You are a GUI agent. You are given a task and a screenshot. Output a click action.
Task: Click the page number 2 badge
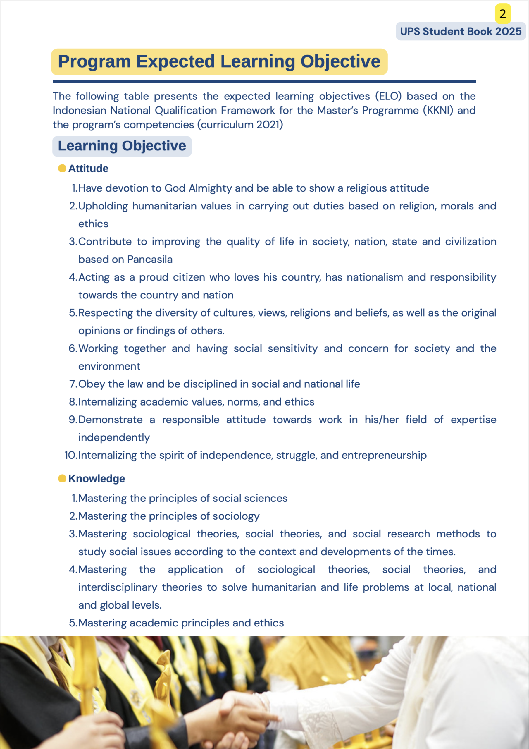coord(503,14)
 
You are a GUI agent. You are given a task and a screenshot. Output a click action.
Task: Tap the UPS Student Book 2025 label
coord(460,31)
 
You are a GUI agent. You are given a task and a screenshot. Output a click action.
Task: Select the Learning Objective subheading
coord(122,146)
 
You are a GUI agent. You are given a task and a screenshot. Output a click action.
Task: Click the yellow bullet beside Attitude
coord(62,168)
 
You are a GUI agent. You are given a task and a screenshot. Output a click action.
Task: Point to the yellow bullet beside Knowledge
coord(62,478)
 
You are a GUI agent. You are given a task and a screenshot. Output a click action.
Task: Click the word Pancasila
coord(150,259)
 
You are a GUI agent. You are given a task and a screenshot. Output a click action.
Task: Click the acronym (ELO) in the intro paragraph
coord(388,96)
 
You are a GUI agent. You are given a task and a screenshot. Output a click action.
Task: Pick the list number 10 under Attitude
coord(70,455)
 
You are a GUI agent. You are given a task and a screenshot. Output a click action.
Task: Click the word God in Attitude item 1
coord(175,188)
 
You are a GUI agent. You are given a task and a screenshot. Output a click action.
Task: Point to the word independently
coord(114,437)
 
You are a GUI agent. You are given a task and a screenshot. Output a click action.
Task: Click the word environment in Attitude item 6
coord(109,366)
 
